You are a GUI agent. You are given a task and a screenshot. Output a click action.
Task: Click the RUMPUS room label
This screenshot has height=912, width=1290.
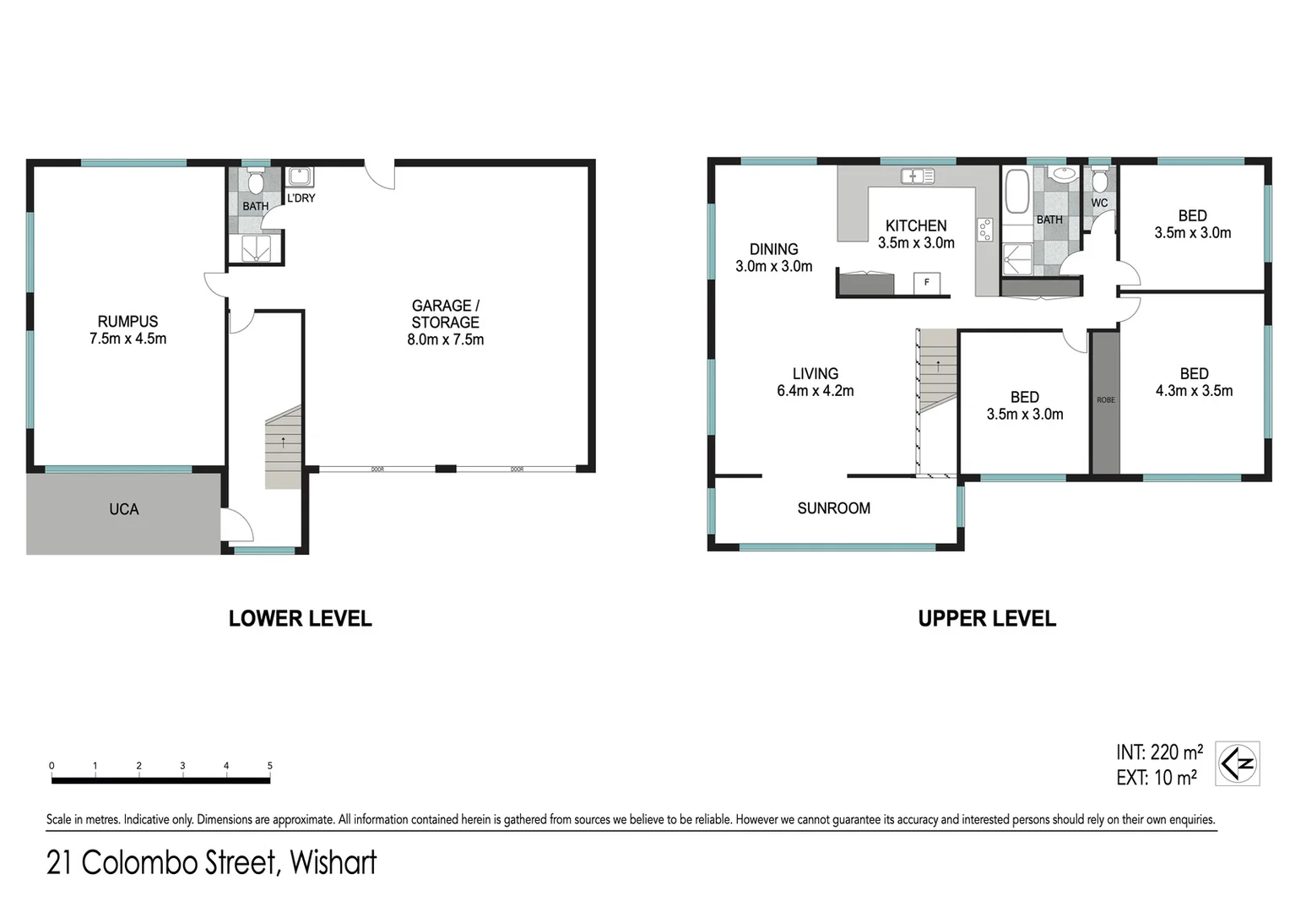click(127, 322)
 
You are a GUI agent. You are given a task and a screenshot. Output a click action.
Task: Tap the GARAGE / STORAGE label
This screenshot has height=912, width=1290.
click(445, 314)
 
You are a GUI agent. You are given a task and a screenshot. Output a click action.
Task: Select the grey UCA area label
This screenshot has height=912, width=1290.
click(123, 509)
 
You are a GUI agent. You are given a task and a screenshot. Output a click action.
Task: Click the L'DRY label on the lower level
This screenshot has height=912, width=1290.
click(301, 198)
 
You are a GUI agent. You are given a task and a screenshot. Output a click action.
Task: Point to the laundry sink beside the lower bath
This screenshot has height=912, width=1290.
click(300, 177)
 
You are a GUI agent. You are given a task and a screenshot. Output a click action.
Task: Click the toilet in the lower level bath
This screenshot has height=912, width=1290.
click(256, 182)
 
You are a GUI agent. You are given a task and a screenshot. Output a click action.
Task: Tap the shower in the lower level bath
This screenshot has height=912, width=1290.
click(256, 248)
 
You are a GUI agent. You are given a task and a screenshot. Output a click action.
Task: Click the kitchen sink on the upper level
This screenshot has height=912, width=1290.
click(917, 176)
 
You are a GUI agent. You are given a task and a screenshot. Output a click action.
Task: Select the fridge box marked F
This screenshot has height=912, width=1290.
click(926, 282)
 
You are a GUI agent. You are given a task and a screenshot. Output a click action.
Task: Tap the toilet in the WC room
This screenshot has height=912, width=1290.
click(1099, 181)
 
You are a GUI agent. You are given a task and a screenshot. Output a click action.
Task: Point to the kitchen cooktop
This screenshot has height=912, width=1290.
click(984, 230)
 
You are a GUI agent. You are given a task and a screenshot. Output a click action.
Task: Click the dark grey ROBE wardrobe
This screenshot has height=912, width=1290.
click(1105, 402)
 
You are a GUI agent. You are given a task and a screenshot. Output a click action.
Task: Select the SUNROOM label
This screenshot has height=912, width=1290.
click(833, 508)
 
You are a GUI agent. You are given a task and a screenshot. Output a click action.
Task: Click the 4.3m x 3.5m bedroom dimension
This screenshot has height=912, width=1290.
click(1194, 391)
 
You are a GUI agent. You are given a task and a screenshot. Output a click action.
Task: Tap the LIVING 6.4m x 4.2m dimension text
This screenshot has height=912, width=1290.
click(815, 391)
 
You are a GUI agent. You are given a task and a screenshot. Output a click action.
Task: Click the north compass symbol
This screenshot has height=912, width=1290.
click(1237, 764)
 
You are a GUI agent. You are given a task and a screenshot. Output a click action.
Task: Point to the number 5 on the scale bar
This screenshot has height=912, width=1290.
click(270, 766)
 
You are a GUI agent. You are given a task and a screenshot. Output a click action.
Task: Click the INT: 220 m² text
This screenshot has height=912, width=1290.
click(1159, 752)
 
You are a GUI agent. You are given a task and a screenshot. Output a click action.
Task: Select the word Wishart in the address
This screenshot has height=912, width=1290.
click(333, 863)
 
